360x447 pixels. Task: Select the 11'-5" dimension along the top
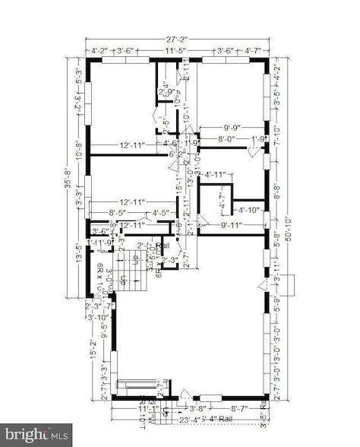tap(176, 51)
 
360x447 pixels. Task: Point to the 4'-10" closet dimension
tap(249, 210)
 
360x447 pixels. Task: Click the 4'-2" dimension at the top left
tap(99, 51)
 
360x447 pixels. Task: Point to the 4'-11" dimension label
tap(216, 176)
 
